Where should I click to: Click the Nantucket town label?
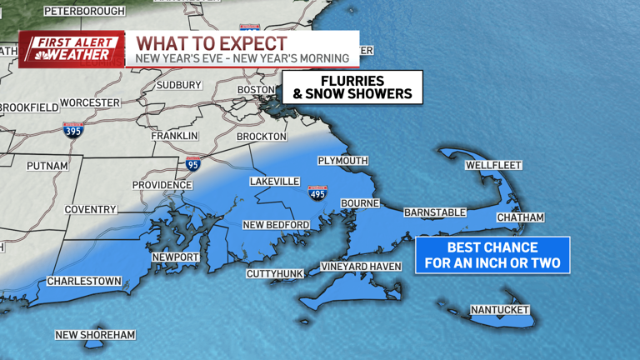500,310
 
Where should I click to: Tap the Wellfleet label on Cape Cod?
492,165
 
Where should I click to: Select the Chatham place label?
520,217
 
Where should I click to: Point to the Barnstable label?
435,212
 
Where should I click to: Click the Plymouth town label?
342,161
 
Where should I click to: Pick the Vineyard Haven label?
361,267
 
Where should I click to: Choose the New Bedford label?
276,225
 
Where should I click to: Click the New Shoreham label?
95,335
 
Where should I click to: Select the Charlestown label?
84,282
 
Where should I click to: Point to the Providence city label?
162,185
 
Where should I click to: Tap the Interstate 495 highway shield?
317,193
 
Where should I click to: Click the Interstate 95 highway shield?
193,164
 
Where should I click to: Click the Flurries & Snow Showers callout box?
352,87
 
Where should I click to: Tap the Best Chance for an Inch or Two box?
492,255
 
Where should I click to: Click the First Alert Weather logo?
72,49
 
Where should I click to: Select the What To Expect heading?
212,43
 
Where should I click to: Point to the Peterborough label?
84,11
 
